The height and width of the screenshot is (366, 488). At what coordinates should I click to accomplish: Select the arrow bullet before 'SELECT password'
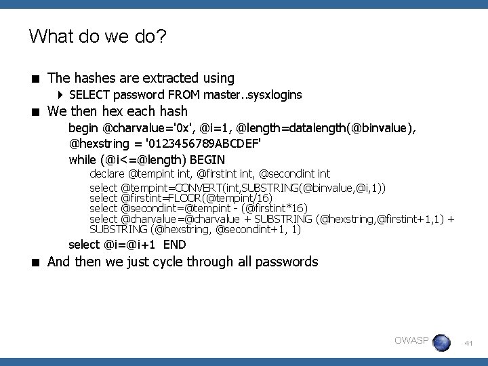tap(61, 95)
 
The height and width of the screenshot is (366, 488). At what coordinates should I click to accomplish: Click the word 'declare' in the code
tap(107, 174)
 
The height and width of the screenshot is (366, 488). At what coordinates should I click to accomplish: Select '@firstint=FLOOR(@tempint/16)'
tap(197, 197)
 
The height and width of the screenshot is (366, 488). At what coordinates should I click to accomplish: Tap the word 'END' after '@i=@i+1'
tap(175, 244)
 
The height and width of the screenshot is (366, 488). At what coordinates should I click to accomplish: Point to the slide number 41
tap(468, 344)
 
